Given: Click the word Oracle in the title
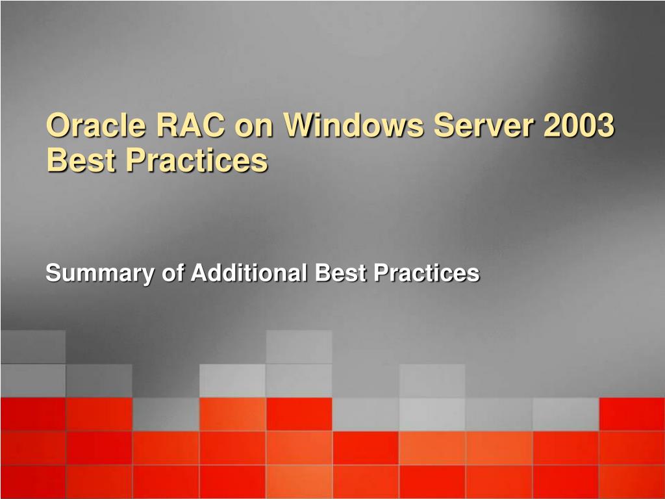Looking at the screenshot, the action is point(96,125).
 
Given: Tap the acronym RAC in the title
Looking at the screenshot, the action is point(191,125).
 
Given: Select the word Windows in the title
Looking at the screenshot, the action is point(354,125).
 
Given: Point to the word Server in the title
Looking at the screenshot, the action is point(484,125).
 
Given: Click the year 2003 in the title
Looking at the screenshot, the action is point(579,125).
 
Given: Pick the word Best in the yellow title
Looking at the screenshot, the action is point(81,160).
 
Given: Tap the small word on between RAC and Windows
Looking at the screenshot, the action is point(254,128).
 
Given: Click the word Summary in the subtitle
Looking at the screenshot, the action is point(100,273).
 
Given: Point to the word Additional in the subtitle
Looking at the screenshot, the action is point(249,272).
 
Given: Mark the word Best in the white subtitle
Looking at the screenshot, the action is point(341,272).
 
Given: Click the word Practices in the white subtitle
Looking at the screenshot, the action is point(427,272).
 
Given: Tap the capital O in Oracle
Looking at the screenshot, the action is point(58,125).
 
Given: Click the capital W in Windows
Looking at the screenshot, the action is point(301,125).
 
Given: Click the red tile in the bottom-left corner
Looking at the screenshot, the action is point(33,482).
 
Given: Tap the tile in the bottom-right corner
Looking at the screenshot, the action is point(632,482).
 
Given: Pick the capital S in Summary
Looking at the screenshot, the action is point(54,273).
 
